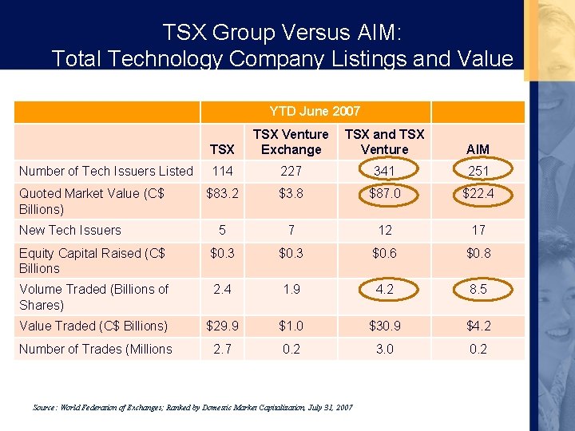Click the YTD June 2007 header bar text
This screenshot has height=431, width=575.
(315, 111)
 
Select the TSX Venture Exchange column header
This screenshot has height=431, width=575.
(291, 141)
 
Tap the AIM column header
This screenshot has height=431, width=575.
(478, 149)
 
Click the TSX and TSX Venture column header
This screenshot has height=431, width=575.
(384, 141)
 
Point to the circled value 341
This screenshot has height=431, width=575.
(385, 171)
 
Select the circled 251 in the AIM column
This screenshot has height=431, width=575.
(478, 171)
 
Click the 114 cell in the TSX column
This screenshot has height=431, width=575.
(222, 171)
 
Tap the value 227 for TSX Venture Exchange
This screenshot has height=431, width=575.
(291, 171)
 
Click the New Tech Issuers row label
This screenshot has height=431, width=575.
(70, 230)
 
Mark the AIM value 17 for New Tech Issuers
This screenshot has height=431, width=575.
(478, 230)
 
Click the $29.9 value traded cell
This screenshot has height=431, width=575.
(222, 326)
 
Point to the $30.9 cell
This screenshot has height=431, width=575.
(385, 326)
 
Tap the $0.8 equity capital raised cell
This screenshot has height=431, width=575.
(478, 254)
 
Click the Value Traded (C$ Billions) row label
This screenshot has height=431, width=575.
(93, 326)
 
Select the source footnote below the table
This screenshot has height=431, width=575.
(192, 407)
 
